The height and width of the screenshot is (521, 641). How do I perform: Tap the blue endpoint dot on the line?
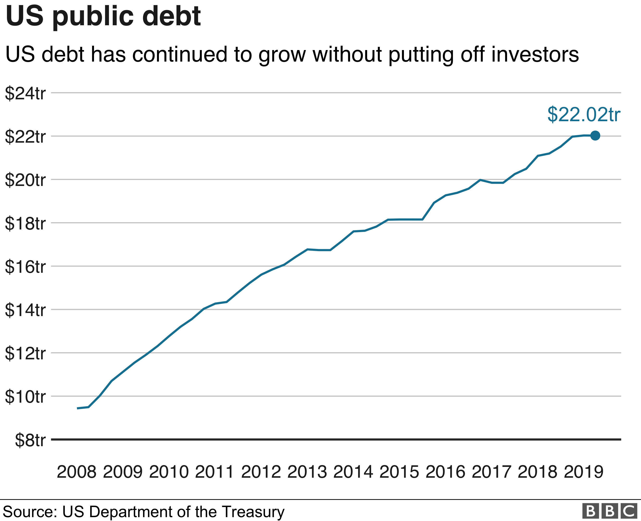point(595,136)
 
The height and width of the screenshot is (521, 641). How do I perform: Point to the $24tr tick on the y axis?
point(25,93)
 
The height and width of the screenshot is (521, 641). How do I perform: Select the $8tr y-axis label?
point(30,440)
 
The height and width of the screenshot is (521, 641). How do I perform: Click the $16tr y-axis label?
point(25,267)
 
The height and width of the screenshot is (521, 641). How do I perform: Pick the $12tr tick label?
point(25,353)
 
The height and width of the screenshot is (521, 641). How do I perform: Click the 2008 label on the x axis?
point(76,472)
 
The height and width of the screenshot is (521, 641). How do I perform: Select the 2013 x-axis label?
point(307,472)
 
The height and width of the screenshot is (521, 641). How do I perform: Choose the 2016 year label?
point(446,472)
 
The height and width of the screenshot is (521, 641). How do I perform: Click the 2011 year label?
point(215,472)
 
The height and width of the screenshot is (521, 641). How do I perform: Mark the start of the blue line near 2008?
point(78,408)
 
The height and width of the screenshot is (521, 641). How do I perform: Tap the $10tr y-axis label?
point(25,396)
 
